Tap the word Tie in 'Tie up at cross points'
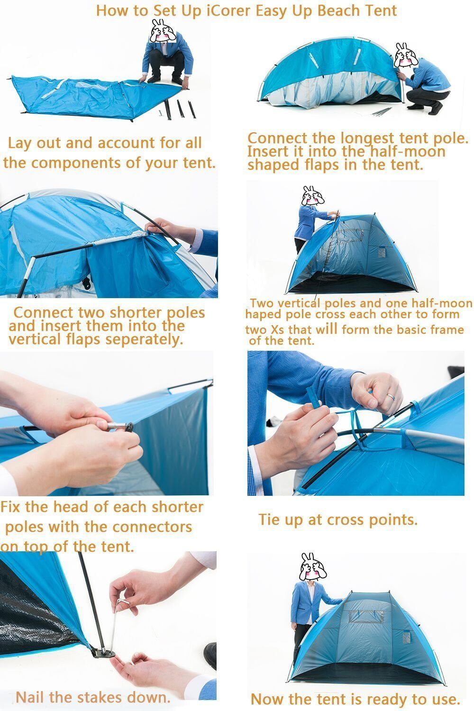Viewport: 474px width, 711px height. tap(269, 520)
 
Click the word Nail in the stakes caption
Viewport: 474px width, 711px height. tap(31, 697)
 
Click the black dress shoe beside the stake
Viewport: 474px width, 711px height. tap(210, 655)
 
